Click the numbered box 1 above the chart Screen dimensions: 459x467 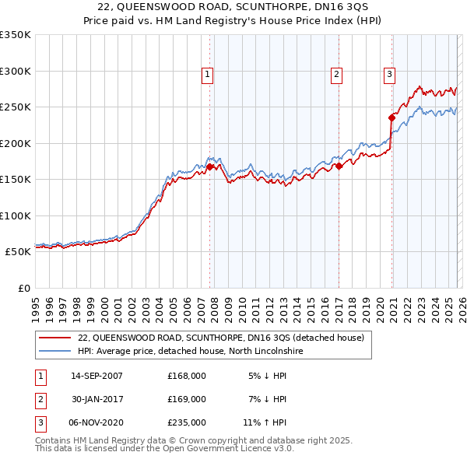click(x=208, y=75)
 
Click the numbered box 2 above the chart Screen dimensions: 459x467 click(x=336, y=75)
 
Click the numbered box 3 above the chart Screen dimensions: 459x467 click(x=388, y=75)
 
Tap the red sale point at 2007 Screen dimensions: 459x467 click(x=210, y=166)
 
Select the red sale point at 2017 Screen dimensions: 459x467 click(x=339, y=166)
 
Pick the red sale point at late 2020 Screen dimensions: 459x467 click(x=392, y=118)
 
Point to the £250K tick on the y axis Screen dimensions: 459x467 click(x=16, y=107)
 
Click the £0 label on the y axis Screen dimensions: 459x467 click(x=22, y=289)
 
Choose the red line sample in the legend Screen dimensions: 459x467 click(x=55, y=338)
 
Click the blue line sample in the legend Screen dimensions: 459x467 click(x=55, y=352)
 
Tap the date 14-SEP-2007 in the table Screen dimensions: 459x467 click(x=97, y=376)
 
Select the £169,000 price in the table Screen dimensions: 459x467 click(x=187, y=399)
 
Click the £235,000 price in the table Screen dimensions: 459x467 click(x=187, y=422)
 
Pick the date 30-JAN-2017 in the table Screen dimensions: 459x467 click(x=97, y=399)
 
